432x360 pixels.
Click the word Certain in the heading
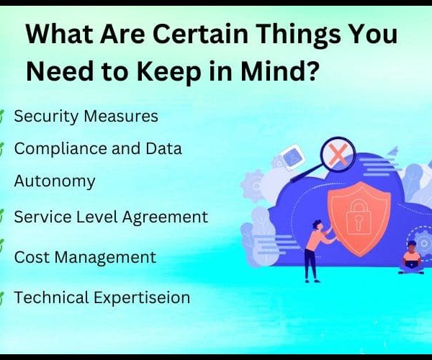200,35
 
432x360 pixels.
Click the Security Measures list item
86,116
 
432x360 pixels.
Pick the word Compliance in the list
60,149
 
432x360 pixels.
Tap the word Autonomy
55,181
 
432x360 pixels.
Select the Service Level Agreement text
111,217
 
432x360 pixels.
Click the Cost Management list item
85,258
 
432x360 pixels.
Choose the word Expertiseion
142,298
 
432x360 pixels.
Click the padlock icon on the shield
357,217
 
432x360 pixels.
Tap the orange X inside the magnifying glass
338,155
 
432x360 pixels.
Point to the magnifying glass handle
307,173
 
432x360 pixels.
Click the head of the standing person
318,225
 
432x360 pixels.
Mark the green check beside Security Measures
1,117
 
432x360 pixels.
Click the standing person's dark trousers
311,264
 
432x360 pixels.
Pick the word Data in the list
163,148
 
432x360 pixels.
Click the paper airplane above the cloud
393,150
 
